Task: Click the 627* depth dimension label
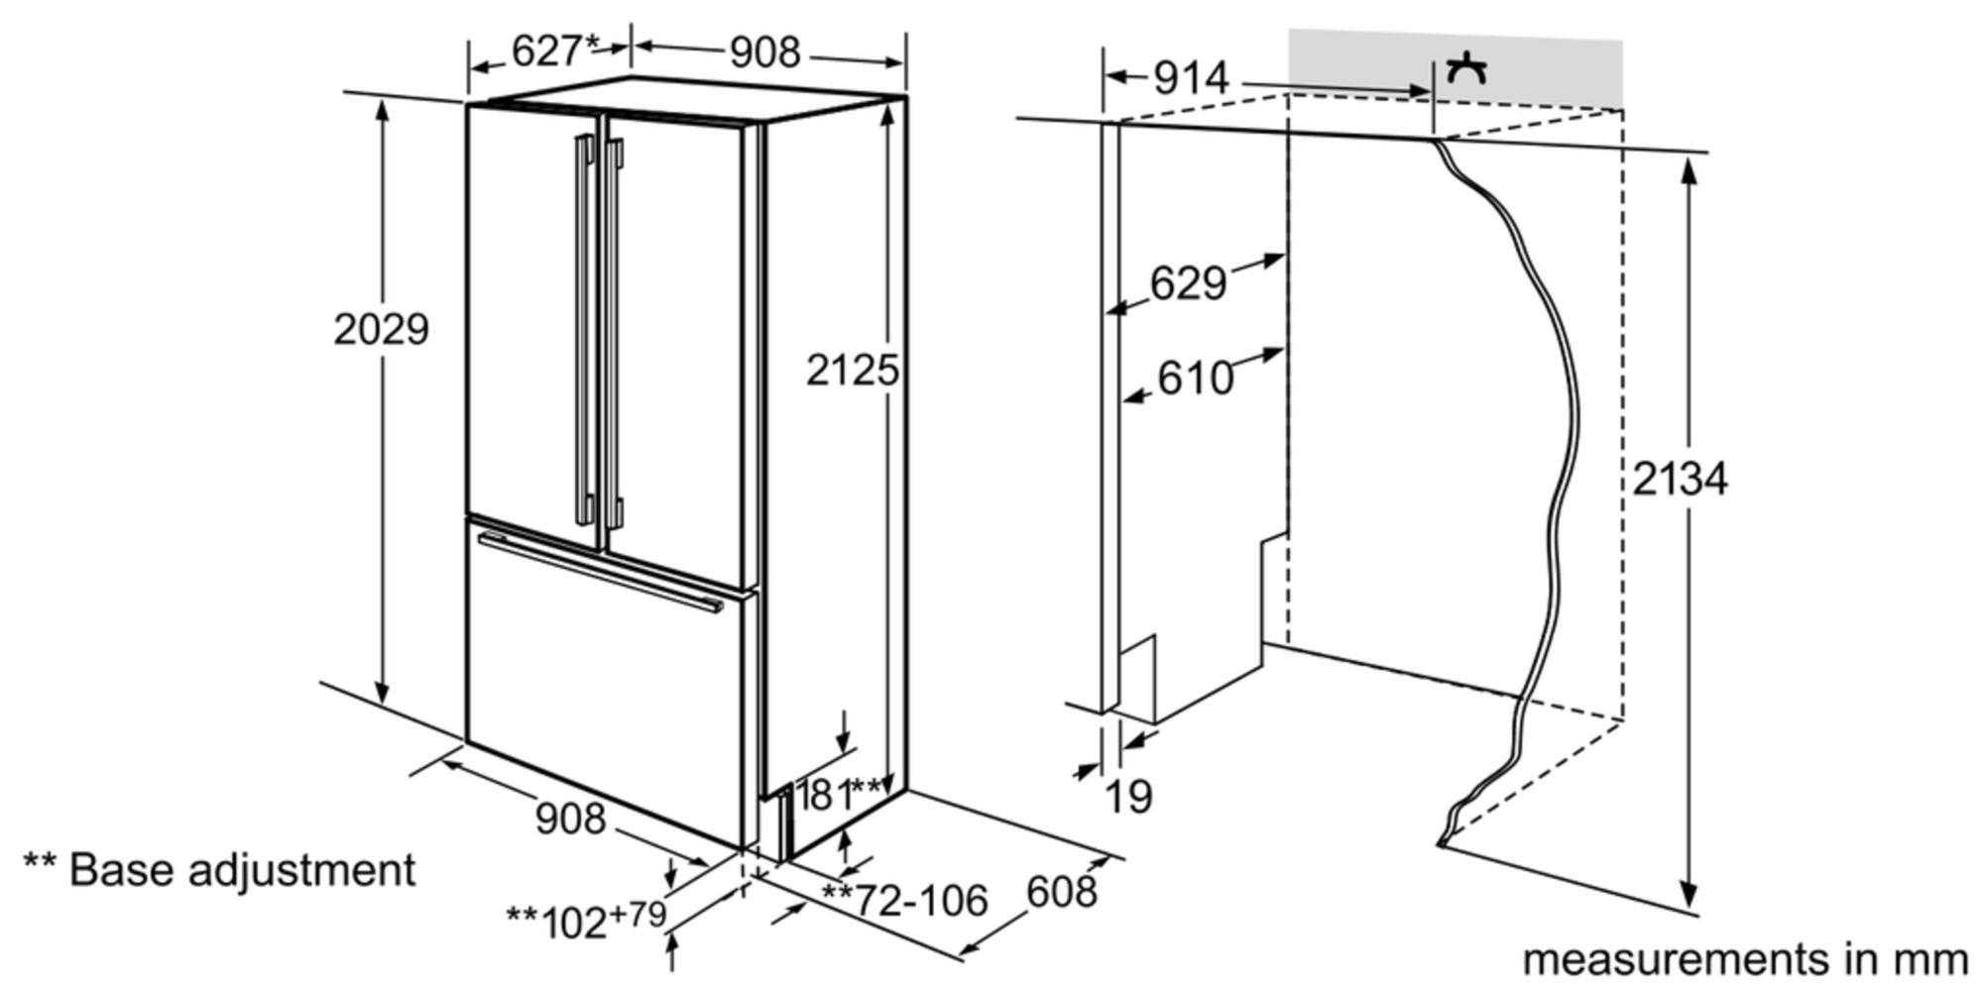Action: tap(556, 51)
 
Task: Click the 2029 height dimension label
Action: tap(381, 329)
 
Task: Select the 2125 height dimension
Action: tap(852, 370)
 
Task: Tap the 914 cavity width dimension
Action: tap(1191, 77)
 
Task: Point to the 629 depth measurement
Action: tap(1188, 283)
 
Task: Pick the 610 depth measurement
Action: tap(1196, 378)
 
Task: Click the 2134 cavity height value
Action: tap(1680, 480)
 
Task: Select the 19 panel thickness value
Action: tap(1128, 797)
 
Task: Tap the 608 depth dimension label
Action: tap(1061, 892)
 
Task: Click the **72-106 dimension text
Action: tap(905, 900)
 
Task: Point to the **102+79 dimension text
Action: tap(586, 919)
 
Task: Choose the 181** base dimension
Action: tap(839, 795)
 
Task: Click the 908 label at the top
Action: tap(764, 52)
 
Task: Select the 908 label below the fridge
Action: tap(570, 819)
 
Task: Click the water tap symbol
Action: tap(1466, 69)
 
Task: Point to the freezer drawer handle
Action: tap(600, 573)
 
